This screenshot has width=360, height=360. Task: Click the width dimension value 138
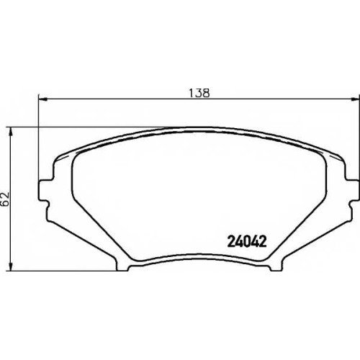(199, 93)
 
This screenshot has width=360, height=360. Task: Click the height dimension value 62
(5, 199)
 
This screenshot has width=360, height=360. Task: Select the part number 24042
(247, 241)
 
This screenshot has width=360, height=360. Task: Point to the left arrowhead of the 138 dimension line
(42, 99)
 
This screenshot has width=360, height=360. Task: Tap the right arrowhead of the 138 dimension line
(356, 99)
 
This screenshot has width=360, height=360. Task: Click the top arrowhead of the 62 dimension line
(10, 132)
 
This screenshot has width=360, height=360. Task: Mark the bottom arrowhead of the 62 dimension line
(10, 266)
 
